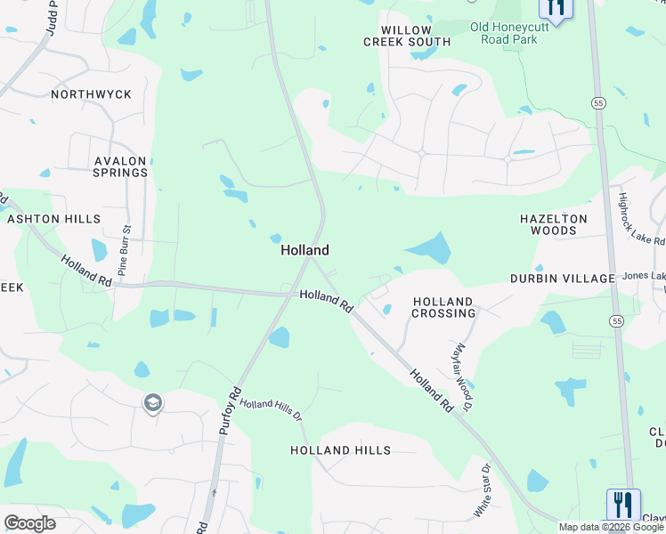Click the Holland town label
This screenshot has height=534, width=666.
click(x=305, y=250)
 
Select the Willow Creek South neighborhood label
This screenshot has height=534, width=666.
click(x=407, y=36)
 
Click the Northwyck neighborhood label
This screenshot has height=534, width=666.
click(x=92, y=94)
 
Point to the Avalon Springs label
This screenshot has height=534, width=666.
click(x=120, y=166)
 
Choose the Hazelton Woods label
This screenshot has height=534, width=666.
click(x=554, y=224)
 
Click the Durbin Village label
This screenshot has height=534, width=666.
click(x=563, y=279)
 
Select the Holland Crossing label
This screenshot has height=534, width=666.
click(x=443, y=307)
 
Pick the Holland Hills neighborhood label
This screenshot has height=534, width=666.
click(x=340, y=450)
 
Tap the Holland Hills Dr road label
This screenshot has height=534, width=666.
click(x=272, y=410)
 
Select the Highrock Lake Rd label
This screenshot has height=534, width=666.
click(x=642, y=219)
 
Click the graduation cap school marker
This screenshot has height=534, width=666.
click(x=152, y=404)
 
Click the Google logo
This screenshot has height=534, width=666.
click(x=29, y=523)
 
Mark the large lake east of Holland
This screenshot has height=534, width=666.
click(x=431, y=247)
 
